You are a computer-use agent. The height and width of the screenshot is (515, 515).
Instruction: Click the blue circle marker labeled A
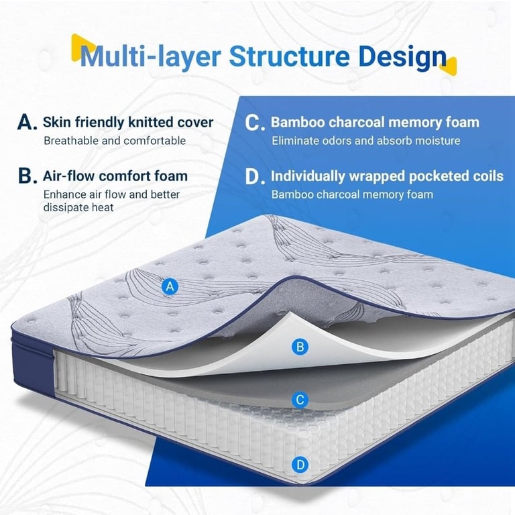[170, 287]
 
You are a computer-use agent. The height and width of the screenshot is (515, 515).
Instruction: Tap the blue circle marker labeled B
[300, 347]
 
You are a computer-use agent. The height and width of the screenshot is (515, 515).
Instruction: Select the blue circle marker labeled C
[300, 400]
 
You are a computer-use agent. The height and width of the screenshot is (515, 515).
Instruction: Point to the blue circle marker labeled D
[300, 465]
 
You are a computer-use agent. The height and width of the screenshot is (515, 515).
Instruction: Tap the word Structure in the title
[289, 56]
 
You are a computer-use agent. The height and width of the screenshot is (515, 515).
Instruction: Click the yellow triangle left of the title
[82, 48]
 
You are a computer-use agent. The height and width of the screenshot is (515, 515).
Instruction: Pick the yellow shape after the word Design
[449, 66]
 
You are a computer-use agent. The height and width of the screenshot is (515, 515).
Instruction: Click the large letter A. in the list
[27, 123]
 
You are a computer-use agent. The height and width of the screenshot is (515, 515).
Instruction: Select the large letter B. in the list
[27, 176]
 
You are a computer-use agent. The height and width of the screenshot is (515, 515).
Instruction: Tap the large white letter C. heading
[255, 123]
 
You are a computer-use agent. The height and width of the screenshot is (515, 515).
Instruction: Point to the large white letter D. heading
[255, 177]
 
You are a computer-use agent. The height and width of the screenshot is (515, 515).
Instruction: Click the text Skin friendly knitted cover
[128, 122]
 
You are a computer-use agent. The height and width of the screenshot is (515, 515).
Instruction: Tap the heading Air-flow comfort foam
[115, 176]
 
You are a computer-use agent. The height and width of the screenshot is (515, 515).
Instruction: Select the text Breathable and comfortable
[115, 141]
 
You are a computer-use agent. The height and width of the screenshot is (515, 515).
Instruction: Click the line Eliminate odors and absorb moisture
[366, 141]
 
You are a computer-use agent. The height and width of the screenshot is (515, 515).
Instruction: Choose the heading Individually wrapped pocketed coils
[387, 176]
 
